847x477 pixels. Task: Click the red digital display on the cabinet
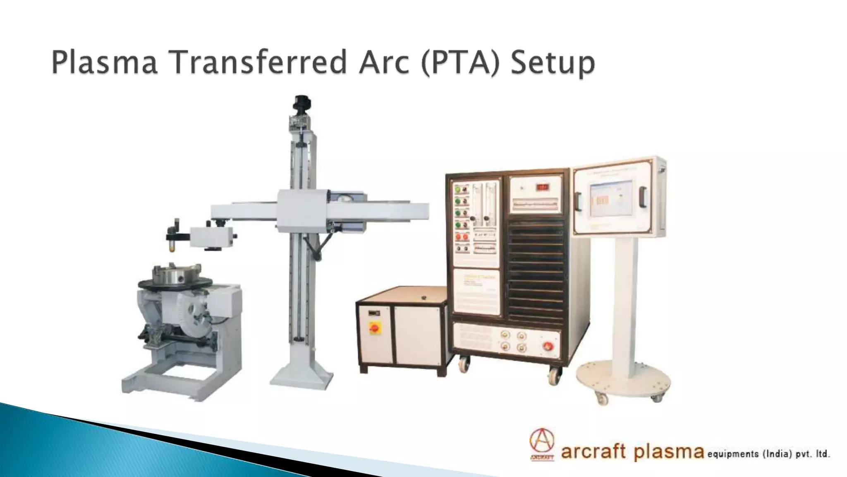[x=543, y=187]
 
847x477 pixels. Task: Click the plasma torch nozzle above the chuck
[x=170, y=248]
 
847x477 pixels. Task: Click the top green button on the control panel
[x=458, y=190]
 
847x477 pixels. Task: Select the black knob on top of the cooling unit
[x=423, y=298]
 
